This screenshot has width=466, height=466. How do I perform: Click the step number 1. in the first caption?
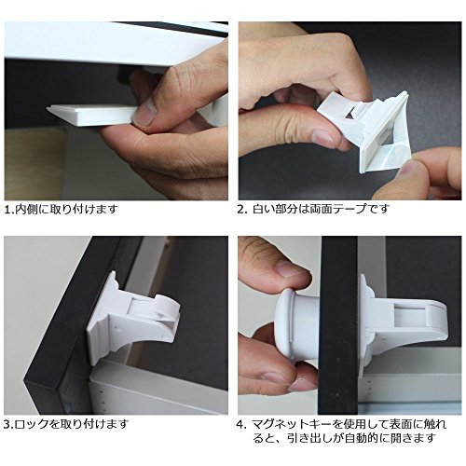pos(9,210)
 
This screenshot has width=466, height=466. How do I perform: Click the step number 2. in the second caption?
pos(242,209)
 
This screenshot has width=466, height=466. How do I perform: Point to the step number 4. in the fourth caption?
pos(241,424)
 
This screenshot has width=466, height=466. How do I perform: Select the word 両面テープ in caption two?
pos(335,209)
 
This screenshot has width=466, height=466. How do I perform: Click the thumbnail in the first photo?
pos(144,114)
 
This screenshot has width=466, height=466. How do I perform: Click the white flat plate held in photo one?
pos(91,114)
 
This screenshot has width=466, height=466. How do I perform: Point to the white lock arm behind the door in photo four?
pos(404,323)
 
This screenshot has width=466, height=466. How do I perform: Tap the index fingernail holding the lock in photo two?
pos(323,137)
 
